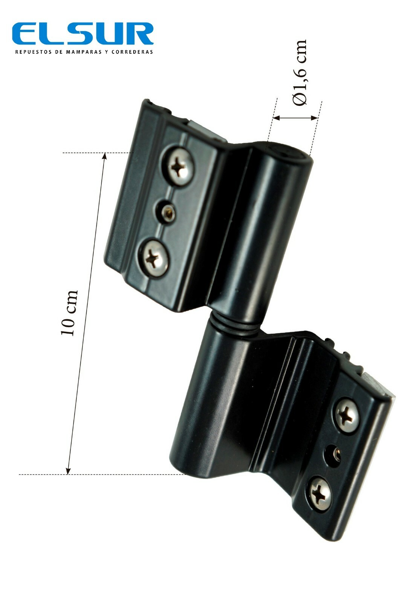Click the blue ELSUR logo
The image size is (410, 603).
[83, 34]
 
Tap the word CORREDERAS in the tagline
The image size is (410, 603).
[132, 52]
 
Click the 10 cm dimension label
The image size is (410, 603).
[69, 313]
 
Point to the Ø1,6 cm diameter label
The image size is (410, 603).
[299, 73]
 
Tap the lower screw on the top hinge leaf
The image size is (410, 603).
[153, 258]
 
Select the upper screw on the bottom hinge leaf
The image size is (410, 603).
[347, 415]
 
